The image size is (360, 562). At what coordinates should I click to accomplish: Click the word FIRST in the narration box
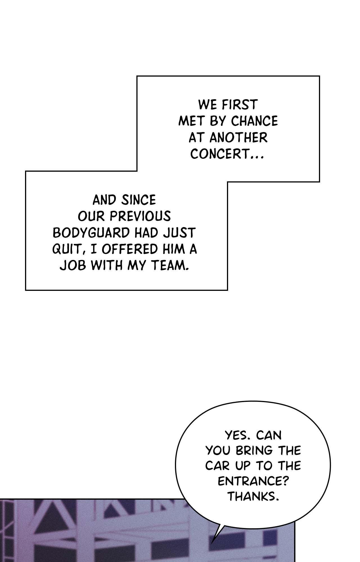tap(239, 105)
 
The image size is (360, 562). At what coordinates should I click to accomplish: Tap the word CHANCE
tap(255, 121)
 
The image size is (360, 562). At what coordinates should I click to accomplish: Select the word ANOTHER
tap(238, 138)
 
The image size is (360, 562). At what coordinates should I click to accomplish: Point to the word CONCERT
tap(220, 154)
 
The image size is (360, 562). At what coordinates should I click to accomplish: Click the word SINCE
tap(138, 200)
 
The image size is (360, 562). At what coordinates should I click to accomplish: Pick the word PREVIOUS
tap(140, 217)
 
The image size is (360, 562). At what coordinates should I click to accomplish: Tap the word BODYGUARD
tap(91, 233)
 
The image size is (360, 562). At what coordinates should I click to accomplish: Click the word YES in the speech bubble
tap(237, 435)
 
